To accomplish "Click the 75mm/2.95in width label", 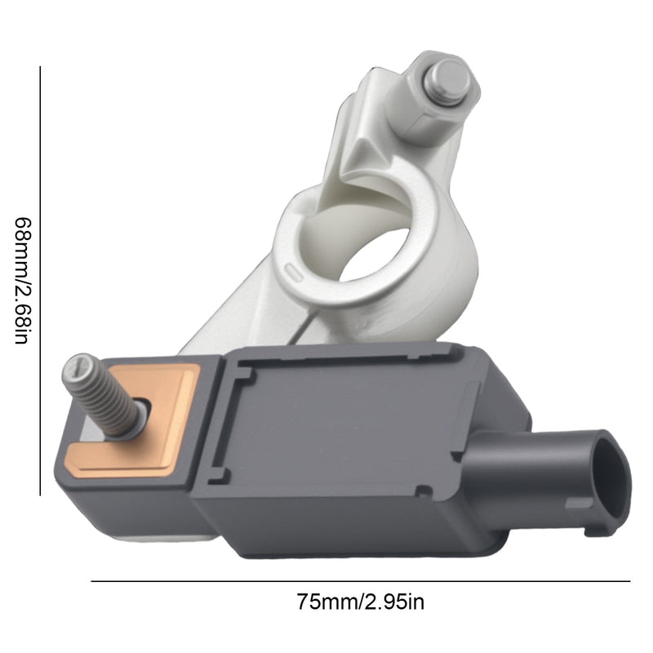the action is [361, 602].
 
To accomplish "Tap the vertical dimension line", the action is [40, 281].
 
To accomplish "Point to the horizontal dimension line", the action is [361, 581].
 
